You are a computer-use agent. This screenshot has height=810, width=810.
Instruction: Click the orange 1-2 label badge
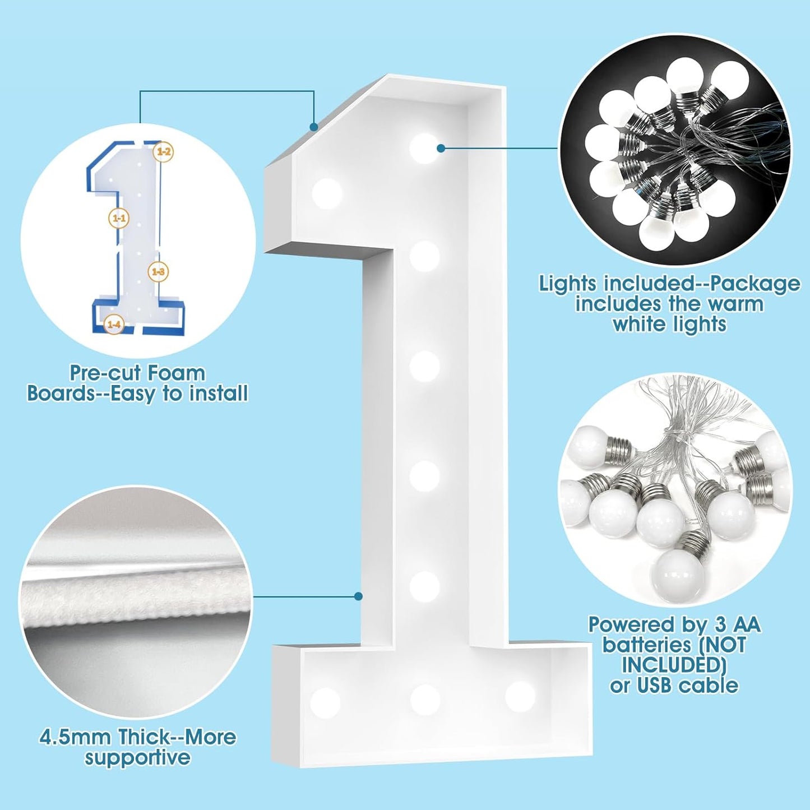point(164,151)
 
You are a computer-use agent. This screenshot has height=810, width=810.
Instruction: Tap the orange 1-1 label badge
point(119,218)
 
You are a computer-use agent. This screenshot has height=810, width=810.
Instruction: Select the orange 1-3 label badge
point(158,272)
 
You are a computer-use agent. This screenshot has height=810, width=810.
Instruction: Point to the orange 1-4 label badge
point(114,324)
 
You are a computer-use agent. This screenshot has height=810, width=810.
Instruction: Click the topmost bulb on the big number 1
point(424,149)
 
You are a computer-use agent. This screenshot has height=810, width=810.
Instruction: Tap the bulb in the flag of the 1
point(327,194)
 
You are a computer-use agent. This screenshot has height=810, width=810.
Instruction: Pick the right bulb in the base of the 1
point(520,696)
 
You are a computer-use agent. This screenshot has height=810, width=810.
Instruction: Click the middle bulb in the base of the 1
point(425,699)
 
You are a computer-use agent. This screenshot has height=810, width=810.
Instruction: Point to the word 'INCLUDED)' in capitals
point(674,665)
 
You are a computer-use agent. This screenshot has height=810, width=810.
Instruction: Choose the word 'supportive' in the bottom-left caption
point(137,758)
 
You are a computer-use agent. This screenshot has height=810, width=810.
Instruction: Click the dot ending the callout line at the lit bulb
point(441,148)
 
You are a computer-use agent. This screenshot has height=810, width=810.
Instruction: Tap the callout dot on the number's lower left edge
point(358,596)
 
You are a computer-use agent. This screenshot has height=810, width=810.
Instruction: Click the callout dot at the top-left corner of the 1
point(314,127)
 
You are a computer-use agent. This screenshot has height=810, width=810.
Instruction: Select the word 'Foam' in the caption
point(180,373)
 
